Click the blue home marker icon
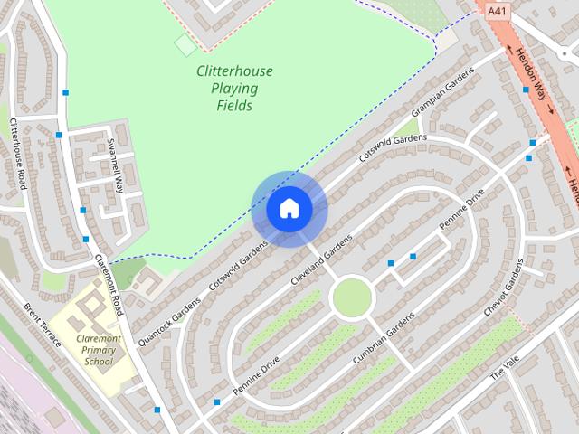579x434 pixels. [289, 209]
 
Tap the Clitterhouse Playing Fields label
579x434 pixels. [234, 88]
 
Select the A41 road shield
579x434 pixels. [497, 11]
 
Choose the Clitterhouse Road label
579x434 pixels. [18, 154]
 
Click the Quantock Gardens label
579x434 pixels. [169, 322]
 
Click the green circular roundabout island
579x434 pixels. [352, 297]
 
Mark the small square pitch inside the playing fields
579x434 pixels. [185, 44]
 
